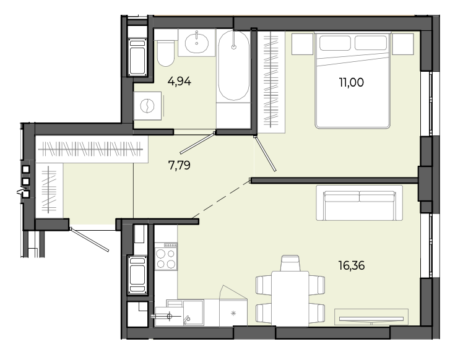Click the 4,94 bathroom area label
(180, 81)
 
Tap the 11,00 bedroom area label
(352, 82)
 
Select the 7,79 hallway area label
(180, 165)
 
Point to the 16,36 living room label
(352, 265)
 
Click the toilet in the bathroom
(165, 53)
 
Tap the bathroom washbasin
(197, 43)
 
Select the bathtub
(233, 66)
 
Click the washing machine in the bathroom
(147, 106)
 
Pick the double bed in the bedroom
(353, 80)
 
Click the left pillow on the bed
(335, 43)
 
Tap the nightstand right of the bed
(403, 44)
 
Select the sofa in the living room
(360, 203)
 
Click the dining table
(290, 298)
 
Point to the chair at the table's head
(290, 264)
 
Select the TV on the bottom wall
(371, 319)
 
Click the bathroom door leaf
(197, 143)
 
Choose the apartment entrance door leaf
(90, 239)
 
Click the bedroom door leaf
(265, 153)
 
